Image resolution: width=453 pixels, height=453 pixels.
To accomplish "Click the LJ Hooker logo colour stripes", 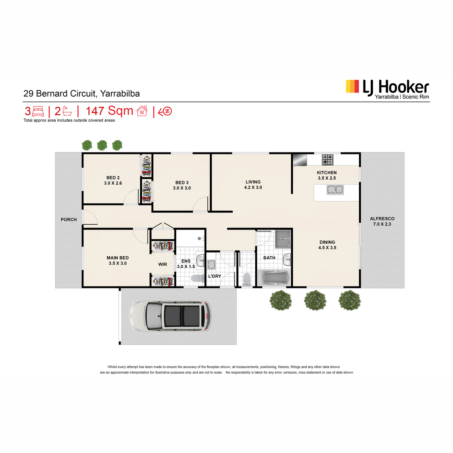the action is click(352, 86).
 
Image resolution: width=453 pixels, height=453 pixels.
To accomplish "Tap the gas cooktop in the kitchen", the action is click(327, 159).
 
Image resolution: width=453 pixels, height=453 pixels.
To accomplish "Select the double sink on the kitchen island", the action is click(335, 190).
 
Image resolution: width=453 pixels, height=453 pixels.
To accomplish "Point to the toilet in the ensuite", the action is click(198, 278).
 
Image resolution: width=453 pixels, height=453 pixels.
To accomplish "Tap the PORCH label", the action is click(69, 220).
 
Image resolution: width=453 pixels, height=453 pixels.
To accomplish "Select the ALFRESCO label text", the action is click(382, 219).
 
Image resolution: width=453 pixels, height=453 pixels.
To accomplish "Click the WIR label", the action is click(163, 265).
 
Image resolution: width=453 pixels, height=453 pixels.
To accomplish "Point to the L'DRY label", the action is click(214, 276).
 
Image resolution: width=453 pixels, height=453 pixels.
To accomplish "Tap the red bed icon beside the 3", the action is click(38, 111).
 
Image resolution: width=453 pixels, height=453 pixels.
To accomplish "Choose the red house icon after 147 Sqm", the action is click(142, 111).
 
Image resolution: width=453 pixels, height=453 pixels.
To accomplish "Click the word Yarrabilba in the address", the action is click(120, 94).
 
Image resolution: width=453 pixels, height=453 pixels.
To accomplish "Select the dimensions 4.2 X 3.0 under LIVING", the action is click(253, 187).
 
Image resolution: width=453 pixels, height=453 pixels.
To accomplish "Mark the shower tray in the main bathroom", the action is click(283, 239).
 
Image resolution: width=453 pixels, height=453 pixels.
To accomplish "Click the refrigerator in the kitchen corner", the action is click(300, 160).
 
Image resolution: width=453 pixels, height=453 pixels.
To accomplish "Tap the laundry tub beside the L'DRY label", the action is click(211, 265).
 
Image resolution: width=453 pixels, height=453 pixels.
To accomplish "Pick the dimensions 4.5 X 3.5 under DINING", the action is click(327, 248).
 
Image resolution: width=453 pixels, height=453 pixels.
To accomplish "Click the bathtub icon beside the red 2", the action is click(67, 111).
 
